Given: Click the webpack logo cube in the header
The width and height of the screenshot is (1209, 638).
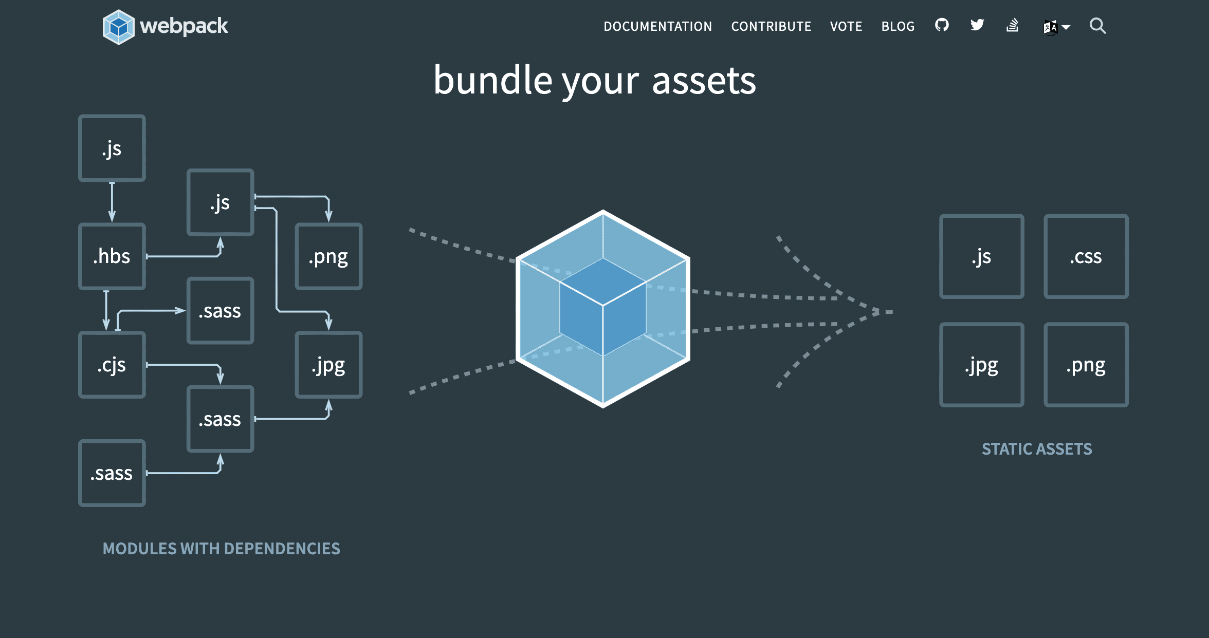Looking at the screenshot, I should pyautogui.click(x=118, y=27).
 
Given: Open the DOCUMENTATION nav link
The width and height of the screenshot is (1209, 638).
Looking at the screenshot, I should pyautogui.click(x=657, y=27).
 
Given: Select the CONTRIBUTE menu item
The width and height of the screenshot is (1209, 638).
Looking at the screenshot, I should pyautogui.click(x=771, y=27).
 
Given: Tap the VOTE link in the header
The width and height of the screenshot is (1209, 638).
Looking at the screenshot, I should pyautogui.click(x=846, y=27).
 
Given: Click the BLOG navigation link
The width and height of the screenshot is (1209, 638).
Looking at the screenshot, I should pyautogui.click(x=898, y=27).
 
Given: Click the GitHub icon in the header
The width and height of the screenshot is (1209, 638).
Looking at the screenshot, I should pyautogui.click(x=942, y=25).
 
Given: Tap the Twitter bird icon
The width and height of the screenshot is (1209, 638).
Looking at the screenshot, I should pyautogui.click(x=977, y=25).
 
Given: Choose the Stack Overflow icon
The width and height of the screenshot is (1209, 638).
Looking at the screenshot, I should pyautogui.click(x=1013, y=25).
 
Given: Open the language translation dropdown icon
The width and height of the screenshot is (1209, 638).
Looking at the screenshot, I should pyautogui.click(x=1056, y=27).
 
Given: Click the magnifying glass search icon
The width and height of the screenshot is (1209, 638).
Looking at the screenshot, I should pyautogui.click(x=1097, y=26).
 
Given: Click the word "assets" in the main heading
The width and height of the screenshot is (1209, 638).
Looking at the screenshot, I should pyautogui.click(x=704, y=81).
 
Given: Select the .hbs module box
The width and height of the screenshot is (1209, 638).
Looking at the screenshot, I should pyautogui.click(x=112, y=256).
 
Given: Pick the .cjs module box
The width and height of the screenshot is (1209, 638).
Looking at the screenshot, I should pyautogui.click(x=112, y=365).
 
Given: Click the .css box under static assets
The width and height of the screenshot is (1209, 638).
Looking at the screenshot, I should pyautogui.click(x=1086, y=256).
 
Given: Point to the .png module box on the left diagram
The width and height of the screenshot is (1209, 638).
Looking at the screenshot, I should pyautogui.click(x=328, y=256).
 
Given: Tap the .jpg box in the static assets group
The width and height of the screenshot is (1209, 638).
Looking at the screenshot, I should pyautogui.click(x=981, y=365).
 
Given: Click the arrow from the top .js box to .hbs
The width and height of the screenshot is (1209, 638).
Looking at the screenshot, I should pyautogui.click(x=112, y=202).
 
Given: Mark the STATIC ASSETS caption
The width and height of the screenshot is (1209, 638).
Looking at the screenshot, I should pyautogui.click(x=1037, y=449).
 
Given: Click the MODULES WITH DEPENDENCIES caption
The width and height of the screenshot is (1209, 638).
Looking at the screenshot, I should pyautogui.click(x=221, y=549).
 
